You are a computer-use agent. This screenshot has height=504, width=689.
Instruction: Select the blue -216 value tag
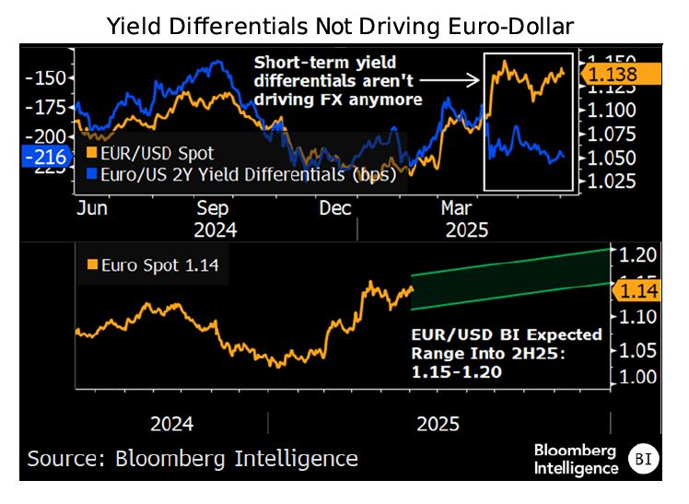(44, 157)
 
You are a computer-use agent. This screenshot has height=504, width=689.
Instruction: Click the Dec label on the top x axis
(335, 208)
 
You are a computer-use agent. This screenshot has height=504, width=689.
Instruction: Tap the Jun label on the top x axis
(92, 208)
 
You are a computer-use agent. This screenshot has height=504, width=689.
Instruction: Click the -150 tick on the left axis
(46, 78)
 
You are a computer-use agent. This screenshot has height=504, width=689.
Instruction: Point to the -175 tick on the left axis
(46, 107)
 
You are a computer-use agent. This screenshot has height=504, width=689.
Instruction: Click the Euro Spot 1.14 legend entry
(153, 267)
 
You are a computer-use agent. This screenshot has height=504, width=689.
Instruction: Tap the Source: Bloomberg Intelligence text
(192, 458)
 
